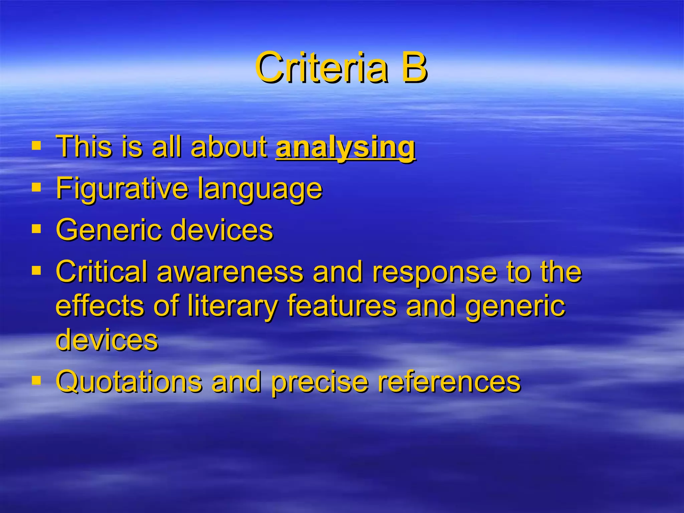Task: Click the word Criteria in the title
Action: (322, 68)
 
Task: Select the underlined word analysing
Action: (345, 147)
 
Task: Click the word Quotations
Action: (129, 381)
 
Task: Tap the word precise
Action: (320, 382)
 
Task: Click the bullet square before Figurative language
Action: (36, 187)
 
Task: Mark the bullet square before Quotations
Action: (36, 380)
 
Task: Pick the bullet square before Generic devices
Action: (36, 229)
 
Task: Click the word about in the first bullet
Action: (229, 147)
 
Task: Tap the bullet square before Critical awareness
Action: (36, 270)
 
